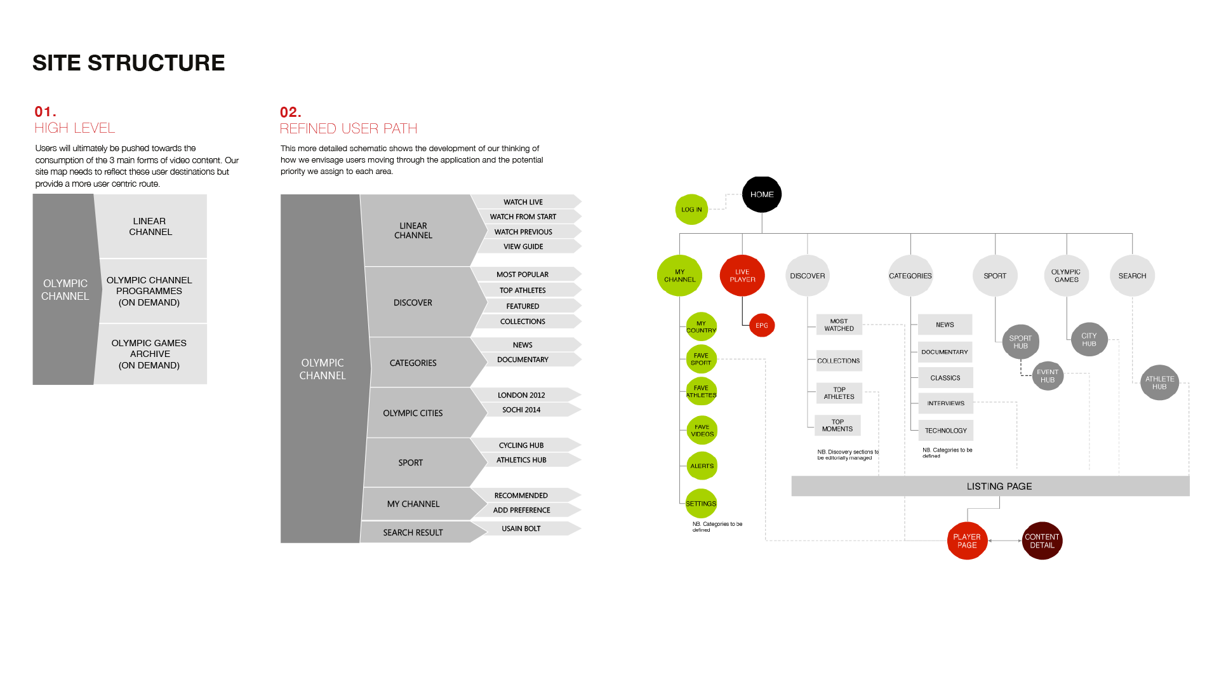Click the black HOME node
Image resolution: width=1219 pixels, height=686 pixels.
[x=761, y=194]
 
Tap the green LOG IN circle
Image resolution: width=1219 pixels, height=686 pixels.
[x=691, y=210]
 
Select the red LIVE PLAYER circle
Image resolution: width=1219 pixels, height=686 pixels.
[x=742, y=276]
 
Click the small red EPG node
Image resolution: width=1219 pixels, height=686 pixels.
[x=761, y=326]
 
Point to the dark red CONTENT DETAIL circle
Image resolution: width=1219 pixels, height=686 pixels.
[x=1042, y=541]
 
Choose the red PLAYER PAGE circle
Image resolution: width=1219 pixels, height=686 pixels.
[x=967, y=541]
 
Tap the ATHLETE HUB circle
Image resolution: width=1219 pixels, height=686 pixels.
[x=1159, y=382]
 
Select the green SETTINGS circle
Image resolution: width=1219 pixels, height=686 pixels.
[x=701, y=504]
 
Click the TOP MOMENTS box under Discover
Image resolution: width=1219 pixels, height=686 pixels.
[x=837, y=426]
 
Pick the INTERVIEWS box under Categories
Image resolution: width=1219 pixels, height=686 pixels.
[x=945, y=403]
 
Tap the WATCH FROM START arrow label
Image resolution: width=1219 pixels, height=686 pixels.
[x=523, y=217]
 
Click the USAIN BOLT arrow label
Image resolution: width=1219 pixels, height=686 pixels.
[x=521, y=528]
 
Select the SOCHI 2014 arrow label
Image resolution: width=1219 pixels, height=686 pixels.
[x=521, y=410]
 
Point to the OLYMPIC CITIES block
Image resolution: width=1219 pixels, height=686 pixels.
[x=413, y=413]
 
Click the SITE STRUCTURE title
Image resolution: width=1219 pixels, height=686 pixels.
[x=129, y=63]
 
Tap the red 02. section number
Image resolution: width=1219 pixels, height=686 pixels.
[x=290, y=112]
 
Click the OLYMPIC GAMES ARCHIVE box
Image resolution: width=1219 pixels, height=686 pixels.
[x=150, y=354]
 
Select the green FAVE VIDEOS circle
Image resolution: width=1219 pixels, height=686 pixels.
[x=702, y=431]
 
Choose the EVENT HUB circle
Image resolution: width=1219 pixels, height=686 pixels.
[x=1048, y=376]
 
